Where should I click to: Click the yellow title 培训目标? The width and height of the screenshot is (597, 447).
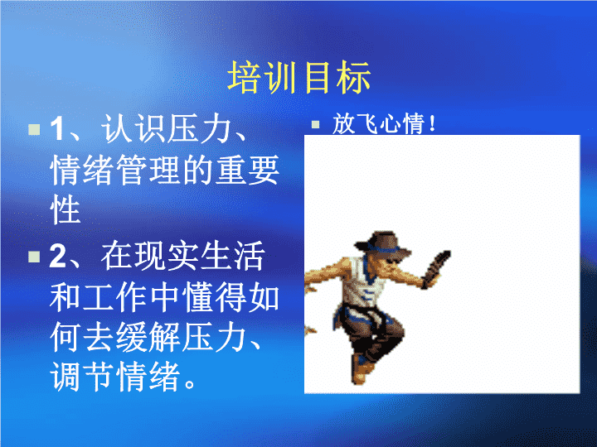coord(298,78)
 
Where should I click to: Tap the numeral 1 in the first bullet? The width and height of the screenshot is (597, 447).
coord(58,129)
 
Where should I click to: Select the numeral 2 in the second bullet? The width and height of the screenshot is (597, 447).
coord(58,256)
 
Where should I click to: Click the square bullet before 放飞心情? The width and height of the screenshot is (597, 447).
coord(315,124)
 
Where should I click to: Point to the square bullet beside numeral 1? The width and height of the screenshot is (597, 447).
coord(34,129)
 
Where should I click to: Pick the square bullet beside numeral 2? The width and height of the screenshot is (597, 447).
coord(34,257)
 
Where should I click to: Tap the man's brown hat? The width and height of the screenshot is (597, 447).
coord(382,243)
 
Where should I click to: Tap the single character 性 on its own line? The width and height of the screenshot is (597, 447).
coord(66,209)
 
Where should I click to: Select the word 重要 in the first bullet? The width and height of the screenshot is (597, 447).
coord(247,170)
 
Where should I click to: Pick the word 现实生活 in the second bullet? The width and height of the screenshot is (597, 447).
coord(182,256)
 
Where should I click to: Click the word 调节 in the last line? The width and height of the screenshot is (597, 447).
coord(82,377)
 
